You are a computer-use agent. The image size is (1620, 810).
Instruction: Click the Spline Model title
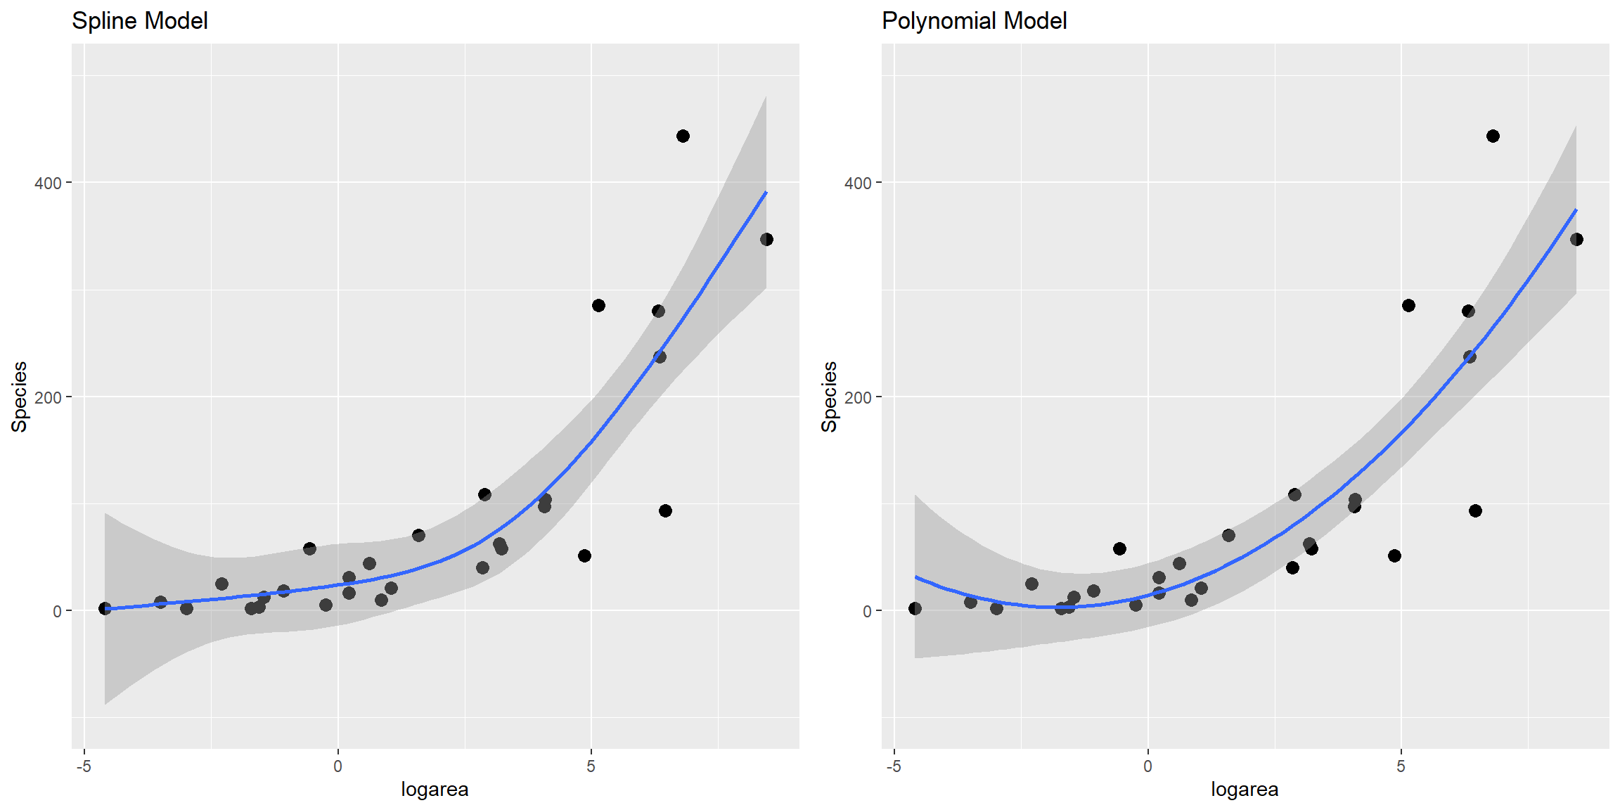[140, 21]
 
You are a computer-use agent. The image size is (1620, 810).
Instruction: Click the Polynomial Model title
[974, 21]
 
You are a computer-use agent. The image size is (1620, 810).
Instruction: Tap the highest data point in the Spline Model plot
[683, 136]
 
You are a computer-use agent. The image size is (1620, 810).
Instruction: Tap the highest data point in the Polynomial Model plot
[1493, 136]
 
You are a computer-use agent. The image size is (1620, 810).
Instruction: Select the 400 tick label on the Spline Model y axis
[48, 183]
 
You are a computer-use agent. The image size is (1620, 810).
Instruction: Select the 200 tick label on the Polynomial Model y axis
[858, 397]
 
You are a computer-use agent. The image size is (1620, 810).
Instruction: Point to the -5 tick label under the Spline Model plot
[84, 766]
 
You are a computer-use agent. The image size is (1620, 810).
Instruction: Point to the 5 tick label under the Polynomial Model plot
[1401, 766]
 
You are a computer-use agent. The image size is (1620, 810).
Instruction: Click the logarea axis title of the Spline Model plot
[435, 790]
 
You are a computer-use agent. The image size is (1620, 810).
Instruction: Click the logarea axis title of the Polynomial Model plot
[1245, 790]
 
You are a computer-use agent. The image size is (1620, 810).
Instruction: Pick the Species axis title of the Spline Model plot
[20, 397]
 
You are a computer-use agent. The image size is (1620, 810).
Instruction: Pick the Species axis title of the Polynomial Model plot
[830, 397]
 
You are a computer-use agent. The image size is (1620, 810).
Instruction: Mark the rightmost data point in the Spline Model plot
[766, 240]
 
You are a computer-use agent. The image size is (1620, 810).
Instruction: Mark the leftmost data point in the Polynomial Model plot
[915, 608]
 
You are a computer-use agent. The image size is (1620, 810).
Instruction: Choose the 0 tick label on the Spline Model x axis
[337, 766]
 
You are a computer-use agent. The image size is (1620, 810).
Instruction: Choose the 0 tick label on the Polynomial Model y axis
[867, 612]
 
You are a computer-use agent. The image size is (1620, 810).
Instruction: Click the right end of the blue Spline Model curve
[766, 192]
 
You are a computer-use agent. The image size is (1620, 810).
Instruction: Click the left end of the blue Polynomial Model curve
[915, 577]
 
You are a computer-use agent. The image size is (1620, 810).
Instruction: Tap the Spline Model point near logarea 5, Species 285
[598, 305]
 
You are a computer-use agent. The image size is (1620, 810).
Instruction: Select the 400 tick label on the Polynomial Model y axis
[858, 183]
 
